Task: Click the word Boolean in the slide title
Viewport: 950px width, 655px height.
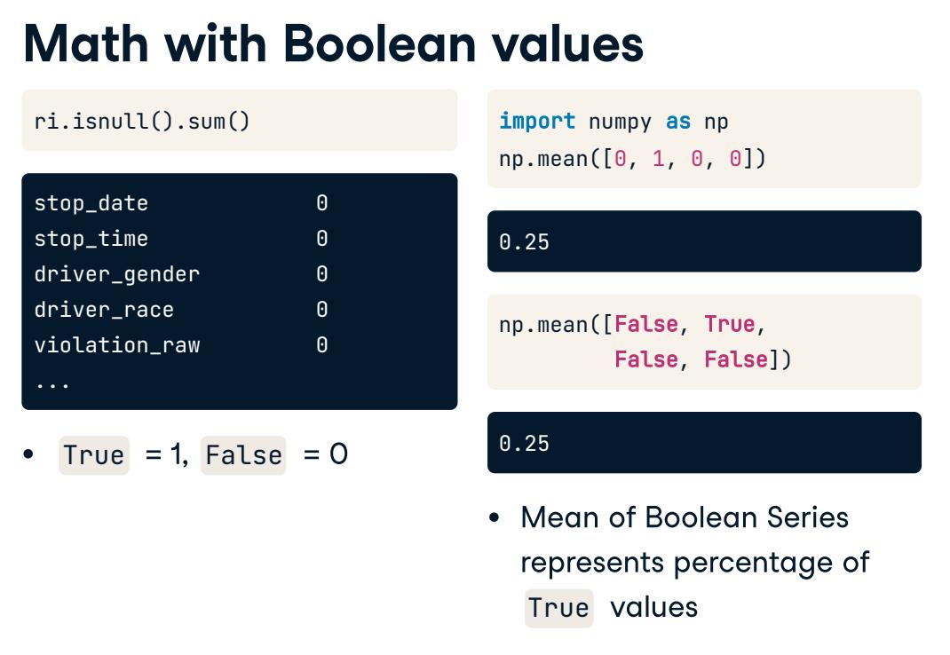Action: coord(379,43)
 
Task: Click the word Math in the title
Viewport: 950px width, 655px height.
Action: coord(85,43)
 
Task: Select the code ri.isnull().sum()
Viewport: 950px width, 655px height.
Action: coord(142,122)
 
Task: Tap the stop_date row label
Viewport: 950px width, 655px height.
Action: coord(91,203)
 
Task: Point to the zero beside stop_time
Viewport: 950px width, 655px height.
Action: coord(321,238)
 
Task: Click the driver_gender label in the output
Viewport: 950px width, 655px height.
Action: coord(117,274)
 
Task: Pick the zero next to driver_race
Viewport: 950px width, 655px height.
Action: coord(321,310)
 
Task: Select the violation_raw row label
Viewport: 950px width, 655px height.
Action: coord(117,345)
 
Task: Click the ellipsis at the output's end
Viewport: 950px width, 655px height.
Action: coord(52,384)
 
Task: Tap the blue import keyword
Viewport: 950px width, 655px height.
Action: coord(537,122)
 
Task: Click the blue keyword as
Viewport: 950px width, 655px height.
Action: coord(678,122)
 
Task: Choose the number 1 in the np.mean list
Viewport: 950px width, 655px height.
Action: coord(659,159)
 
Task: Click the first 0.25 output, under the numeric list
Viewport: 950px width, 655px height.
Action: coord(524,241)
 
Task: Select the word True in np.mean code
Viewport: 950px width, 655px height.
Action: coord(730,324)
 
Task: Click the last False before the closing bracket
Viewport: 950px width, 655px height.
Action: coord(736,359)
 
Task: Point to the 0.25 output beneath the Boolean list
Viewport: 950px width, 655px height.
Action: coord(524,443)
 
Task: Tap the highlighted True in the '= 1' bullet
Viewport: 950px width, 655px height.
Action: coord(94,455)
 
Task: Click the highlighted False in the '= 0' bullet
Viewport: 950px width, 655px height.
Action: coord(243,455)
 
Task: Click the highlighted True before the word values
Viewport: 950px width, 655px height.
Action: coord(558,608)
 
